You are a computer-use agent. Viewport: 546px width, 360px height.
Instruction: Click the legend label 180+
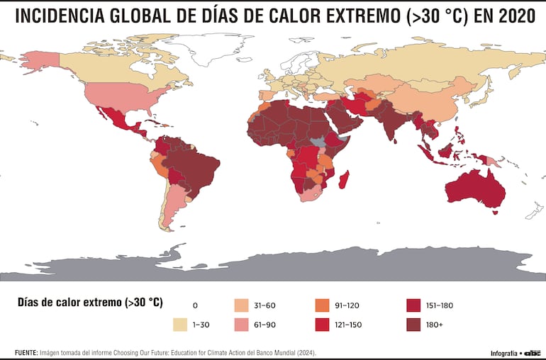(435, 325)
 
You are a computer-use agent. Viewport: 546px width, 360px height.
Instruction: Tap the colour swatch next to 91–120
(322, 305)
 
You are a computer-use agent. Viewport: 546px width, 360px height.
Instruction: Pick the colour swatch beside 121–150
(322, 325)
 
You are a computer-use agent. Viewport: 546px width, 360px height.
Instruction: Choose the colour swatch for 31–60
(242, 305)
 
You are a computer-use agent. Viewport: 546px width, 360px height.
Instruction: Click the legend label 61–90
(264, 325)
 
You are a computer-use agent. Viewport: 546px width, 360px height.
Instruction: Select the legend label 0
(195, 305)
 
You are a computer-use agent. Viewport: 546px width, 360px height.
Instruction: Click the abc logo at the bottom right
(533, 353)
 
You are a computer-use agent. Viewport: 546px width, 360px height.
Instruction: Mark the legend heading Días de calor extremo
(89, 303)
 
